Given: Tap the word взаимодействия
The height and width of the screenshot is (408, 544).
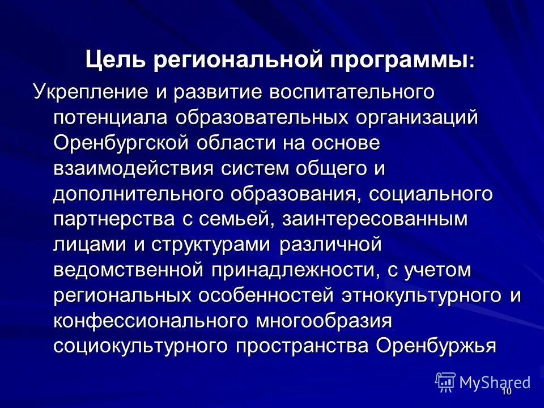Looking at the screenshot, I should (133, 169).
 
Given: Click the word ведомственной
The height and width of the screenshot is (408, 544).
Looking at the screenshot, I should (129, 271).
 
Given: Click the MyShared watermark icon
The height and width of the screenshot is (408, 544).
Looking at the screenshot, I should (446, 381).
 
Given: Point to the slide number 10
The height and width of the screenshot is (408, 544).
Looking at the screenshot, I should (506, 392).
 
